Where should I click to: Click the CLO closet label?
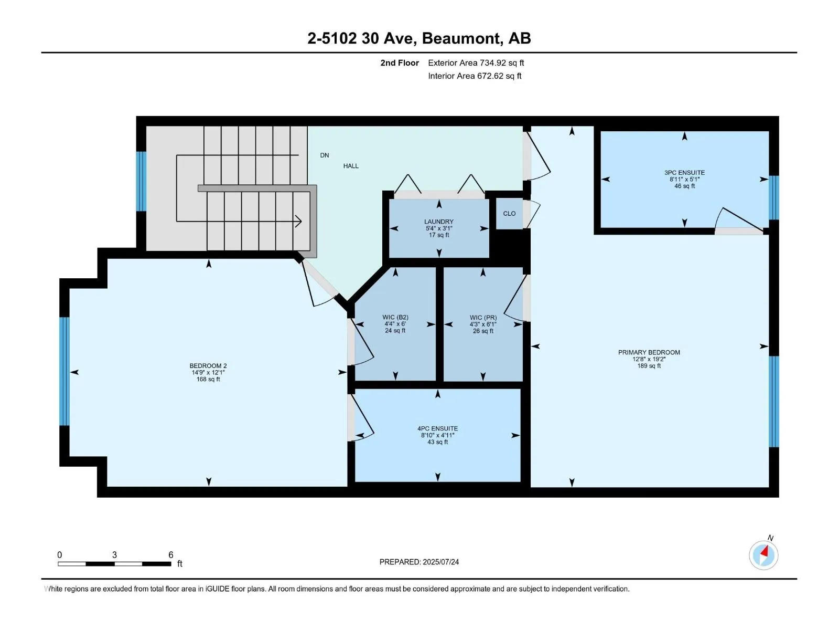tap(509, 214)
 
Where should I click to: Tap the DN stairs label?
tap(324, 155)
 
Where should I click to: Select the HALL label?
tap(350, 166)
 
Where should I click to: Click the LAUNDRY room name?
tap(438, 222)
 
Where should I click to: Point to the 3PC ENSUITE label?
tap(684, 173)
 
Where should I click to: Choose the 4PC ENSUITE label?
tap(437, 428)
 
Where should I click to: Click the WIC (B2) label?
tap(395, 317)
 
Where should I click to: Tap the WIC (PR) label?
tap(483, 318)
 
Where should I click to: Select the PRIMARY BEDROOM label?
tap(649, 352)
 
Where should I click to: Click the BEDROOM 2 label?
tap(208, 366)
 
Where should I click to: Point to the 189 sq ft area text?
tap(649, 366)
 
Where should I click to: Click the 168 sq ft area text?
tap(208, 379)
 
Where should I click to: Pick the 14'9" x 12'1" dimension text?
tap(208, 372)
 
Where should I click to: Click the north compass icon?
tap(763, 555)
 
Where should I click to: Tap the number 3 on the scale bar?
tap(114, 554)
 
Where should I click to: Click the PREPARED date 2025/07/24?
tap(440, 562)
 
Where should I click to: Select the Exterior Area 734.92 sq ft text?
tap(476, 62)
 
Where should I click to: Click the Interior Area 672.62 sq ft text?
tap(475, 76)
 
